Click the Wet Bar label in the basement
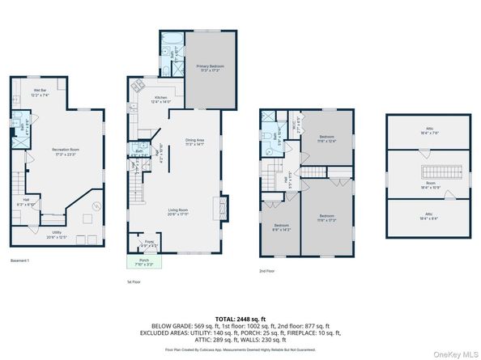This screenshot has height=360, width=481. [x=40, y=93]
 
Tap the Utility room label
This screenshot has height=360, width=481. [x=55, y=235]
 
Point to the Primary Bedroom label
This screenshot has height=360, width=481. [x=210, y=68]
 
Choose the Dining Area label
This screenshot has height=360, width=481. [x=194, y=142]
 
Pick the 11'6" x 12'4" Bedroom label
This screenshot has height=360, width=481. [x=326, y=138]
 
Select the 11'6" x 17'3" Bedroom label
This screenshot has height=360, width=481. [x=326, y=217]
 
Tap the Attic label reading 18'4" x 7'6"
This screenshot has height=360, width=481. [x=428, y=133]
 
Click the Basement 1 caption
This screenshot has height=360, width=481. [x=19, y=260]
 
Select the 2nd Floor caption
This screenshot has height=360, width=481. [x=266, y=270]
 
